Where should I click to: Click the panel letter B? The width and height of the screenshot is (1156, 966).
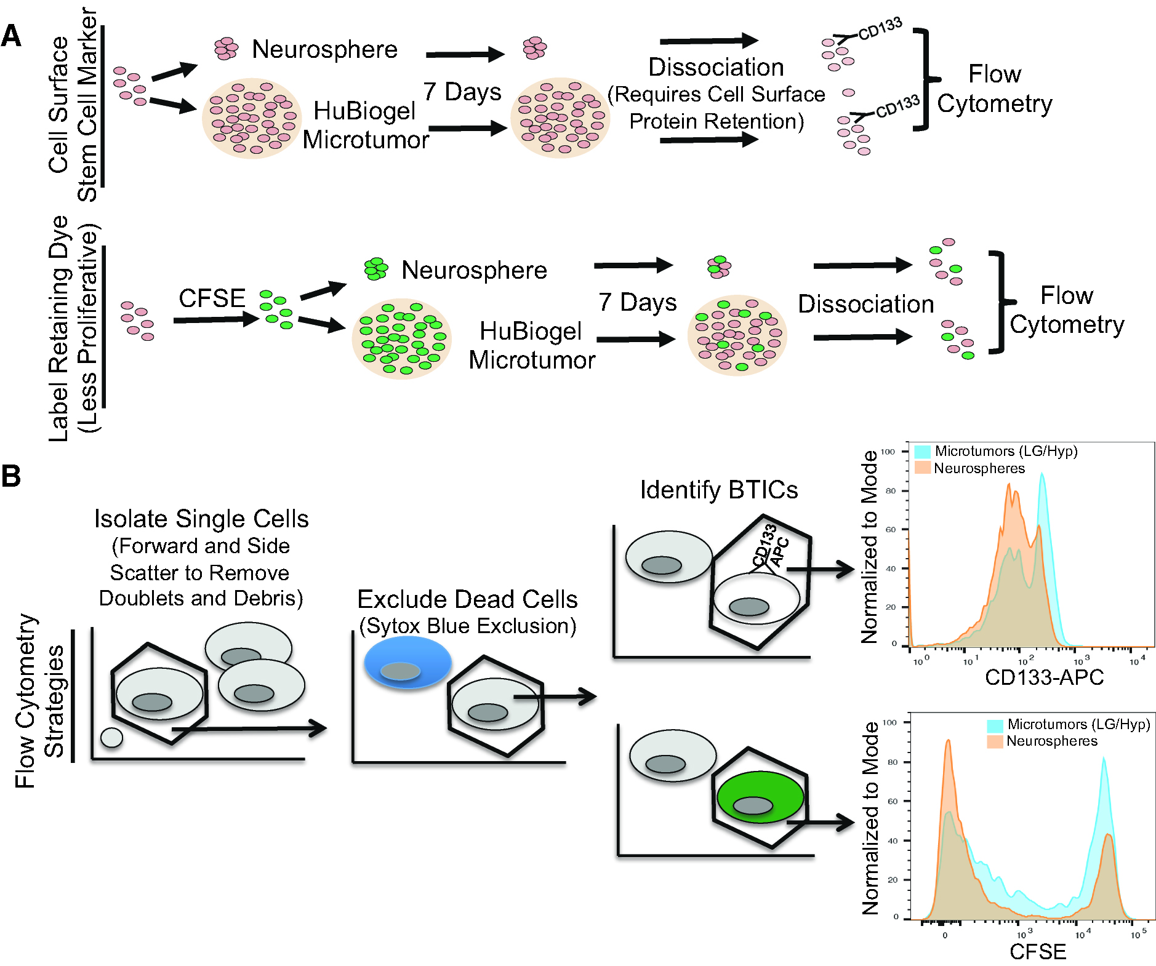10,476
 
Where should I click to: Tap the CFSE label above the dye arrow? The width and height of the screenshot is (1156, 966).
212,298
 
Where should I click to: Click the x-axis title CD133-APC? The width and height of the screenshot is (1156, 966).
1044,677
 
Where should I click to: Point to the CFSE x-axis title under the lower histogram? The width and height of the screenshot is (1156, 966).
1038,952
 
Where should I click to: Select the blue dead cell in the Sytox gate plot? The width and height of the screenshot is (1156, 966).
407,663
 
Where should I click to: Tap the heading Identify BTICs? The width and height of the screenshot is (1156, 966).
719,490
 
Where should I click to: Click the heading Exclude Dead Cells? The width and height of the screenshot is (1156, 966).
467,599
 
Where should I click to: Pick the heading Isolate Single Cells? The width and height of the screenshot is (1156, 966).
201,519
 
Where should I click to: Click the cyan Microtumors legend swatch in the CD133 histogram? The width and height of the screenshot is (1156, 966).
922,452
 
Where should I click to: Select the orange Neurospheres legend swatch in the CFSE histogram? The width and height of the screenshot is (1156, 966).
995,741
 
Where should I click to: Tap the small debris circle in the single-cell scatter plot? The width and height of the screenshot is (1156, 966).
111,736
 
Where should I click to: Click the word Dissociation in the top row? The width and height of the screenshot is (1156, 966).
716,67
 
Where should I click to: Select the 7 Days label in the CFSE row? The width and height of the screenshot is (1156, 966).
637,302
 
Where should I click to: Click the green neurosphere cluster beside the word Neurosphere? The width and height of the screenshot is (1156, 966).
375,269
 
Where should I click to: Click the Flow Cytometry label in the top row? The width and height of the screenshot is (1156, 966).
994,89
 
